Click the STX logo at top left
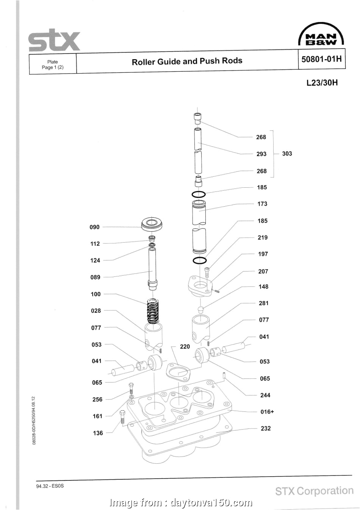tap(55, 41)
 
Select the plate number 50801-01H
tap(321, 60)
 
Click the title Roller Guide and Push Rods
tap(187, 61)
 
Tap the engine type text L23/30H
tap(322, 82)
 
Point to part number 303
tap(287, 154)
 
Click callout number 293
tap(261, 154)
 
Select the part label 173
tap(262, 204)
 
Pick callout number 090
tap(94, 227)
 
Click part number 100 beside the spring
tap(96, 294)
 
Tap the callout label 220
tap(185, 347)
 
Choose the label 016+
tap(267, 412)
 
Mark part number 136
tap(98, 433)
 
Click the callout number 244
tap(265, 395)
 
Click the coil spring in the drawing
tap(153, 311)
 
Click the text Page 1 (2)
tap(53, 67)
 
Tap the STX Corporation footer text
tap(314, 491)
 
